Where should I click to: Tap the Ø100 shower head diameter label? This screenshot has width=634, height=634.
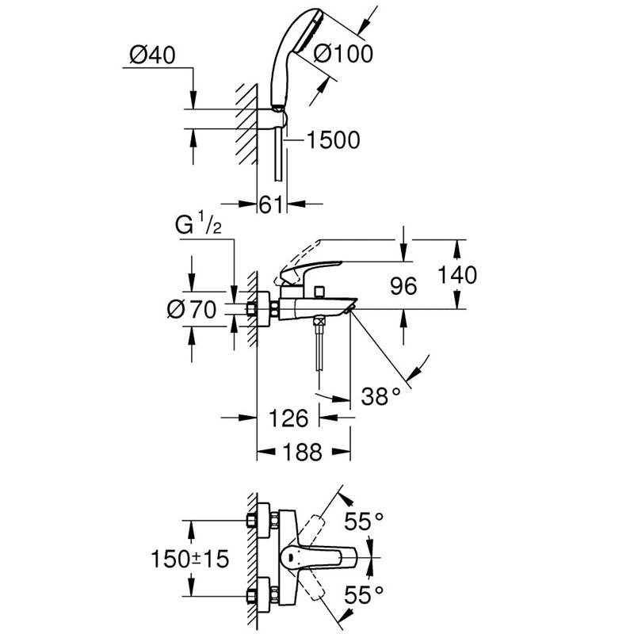coord(343,54)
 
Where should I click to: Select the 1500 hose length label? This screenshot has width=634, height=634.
coord(333,140)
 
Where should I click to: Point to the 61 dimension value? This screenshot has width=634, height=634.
coord(272,204)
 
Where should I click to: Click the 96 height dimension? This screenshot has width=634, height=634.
coord(403,286)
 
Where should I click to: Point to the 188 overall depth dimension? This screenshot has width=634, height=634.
coord(303,452)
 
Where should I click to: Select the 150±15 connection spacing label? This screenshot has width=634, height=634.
coord(190,559)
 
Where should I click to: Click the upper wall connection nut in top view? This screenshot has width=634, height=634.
coord(257,522)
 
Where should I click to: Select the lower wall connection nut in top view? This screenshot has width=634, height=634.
coord(257,595)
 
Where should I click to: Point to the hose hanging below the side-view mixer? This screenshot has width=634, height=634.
coord(320,349)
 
